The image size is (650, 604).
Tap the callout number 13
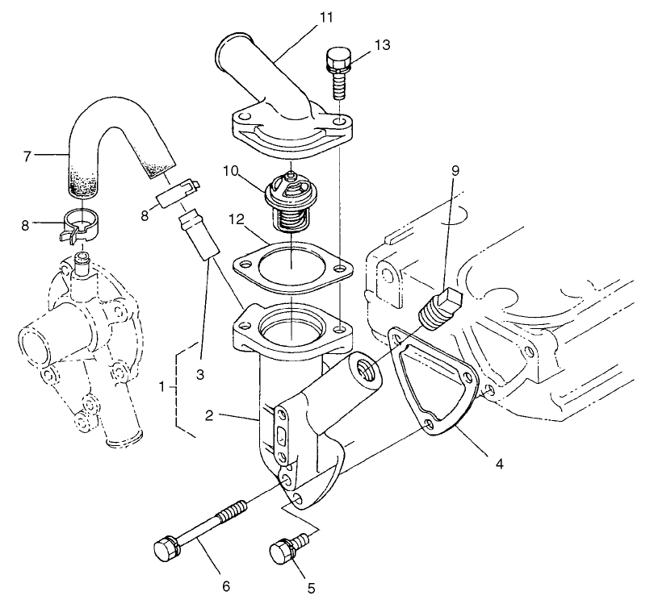pyautogui.click(x=382, y=45)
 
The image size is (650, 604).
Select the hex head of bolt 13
pyautogui.click(x=337, y=60)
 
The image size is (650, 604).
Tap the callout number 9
pyautogui.click(x=455, y=170)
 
